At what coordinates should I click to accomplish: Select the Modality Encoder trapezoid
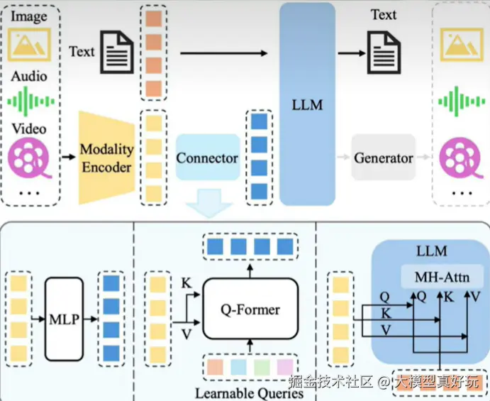tap(106, 158)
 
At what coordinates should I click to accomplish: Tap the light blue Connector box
tap(207, 158)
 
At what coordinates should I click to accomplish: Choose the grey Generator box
tap(383, 158)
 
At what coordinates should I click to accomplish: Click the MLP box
tap(65, 317)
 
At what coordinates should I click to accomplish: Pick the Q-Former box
tap(250, 309)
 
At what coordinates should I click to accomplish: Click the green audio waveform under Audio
tap(31, 101)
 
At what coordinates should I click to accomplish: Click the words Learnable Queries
tap(249, 392)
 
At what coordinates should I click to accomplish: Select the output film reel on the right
tap(456, 157)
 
